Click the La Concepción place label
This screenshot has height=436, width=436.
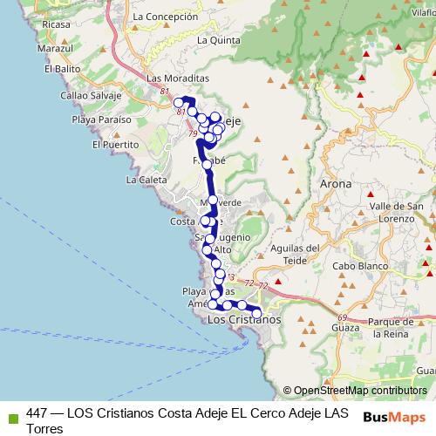[x=161, y=17]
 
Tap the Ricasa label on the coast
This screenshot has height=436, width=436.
[x=55, y=24]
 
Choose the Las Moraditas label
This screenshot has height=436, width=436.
[x=179, y=78]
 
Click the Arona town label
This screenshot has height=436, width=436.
[x=336, y=185]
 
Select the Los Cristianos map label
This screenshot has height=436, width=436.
[x=247, y=320]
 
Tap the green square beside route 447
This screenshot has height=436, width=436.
[x=12, y=413]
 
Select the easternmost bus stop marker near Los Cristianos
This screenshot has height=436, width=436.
[x=256, y=313]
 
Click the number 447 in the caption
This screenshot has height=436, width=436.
[x=37, y=412]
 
